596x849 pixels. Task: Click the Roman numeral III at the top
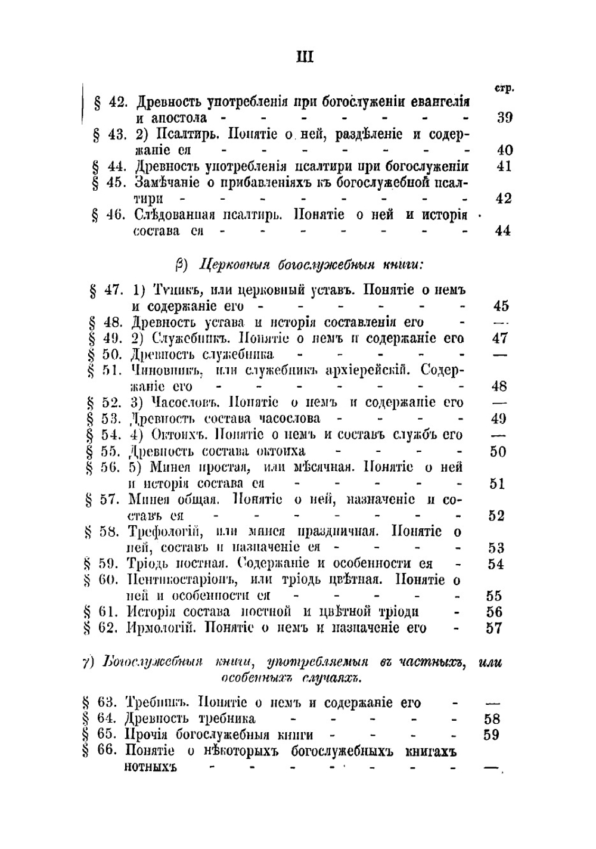coord(305,57)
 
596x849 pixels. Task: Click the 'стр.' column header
coord(504,88)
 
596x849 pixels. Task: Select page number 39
coord(504,117)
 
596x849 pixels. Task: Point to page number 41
coord(504,166)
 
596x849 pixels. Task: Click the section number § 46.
coord(110,215)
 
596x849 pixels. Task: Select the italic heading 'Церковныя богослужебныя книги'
coord(310,264)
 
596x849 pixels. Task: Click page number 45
coord(501,306)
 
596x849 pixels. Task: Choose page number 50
coord(498,451)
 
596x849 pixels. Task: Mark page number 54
coord(495,563)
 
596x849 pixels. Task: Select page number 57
coord(494,627)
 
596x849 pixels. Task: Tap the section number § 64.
coord(101,718)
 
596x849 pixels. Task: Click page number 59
coord(492,735)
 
